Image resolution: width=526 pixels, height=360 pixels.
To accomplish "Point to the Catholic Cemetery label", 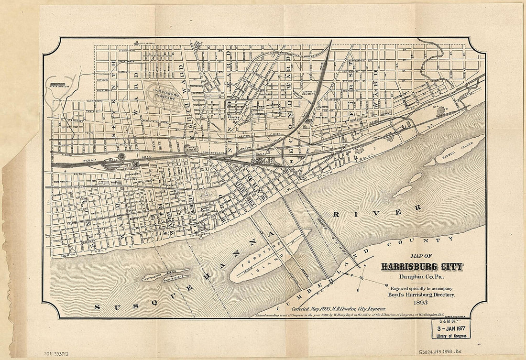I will coord(311,92).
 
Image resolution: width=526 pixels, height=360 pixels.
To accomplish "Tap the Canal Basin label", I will coord(191,149).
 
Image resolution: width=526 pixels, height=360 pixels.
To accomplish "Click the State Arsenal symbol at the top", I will coord(138,43).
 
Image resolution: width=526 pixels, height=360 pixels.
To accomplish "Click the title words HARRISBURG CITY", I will coord(422,267).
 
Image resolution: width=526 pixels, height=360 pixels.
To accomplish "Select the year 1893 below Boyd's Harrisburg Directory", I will coord(421,303).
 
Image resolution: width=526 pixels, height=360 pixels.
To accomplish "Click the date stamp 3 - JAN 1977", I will coord(451,329).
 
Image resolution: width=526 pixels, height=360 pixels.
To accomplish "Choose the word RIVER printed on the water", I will coord(378,211).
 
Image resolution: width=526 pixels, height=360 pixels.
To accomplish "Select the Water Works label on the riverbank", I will coord(199,234).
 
